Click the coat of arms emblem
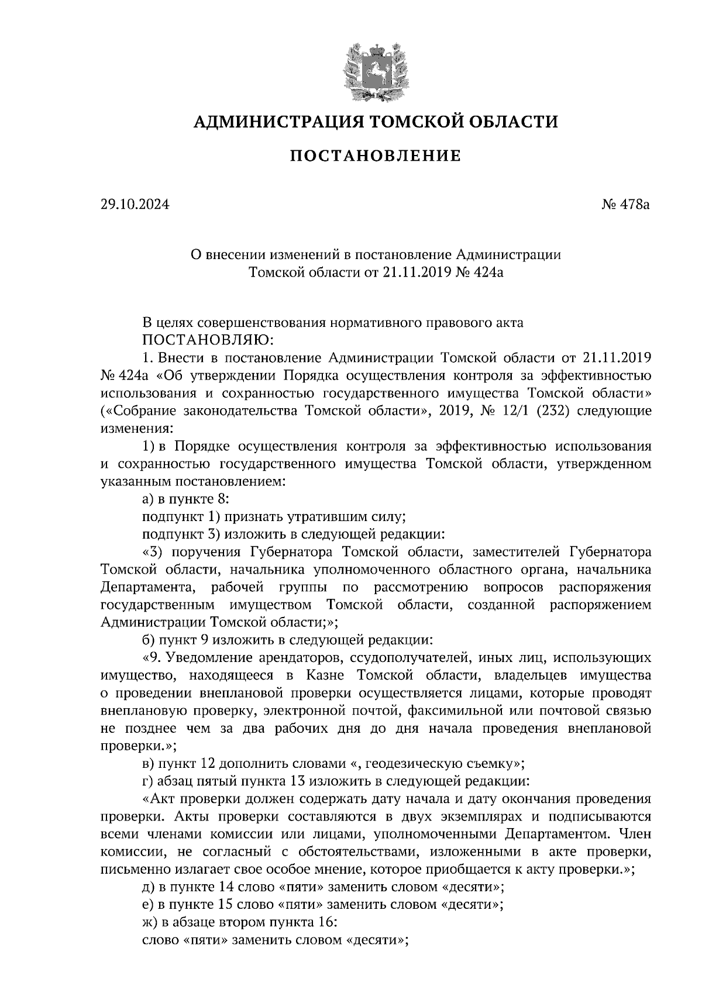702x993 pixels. (375, 70)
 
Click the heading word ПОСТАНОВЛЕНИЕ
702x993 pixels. (375, 156)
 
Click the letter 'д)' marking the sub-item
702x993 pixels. (149, 887)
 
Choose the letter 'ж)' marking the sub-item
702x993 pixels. (150, 923)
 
